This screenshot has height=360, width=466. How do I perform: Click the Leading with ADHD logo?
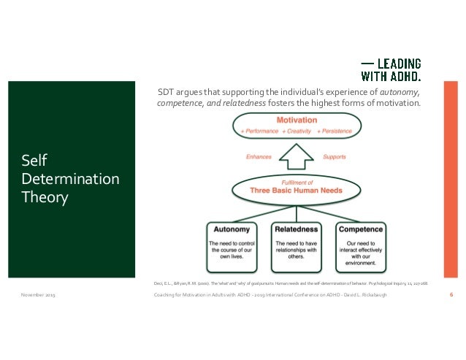(x=392, y=68)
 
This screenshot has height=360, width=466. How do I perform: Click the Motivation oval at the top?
(x=297, y=125)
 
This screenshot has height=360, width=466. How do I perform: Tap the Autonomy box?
(x=231, y=246)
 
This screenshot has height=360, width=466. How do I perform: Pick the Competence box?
(x=361, y=246)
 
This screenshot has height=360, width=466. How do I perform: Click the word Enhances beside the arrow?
(x=259, y=156)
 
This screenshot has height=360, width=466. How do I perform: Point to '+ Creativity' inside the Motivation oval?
(x=297, y=131)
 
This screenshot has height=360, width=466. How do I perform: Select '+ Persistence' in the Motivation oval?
(x=334, y=131)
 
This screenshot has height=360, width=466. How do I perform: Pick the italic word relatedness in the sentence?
(x=245, y=103)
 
